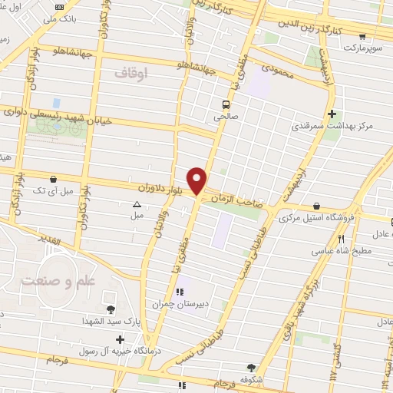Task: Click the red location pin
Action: (x=198, y=180)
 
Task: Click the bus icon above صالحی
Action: (x=226, y=104)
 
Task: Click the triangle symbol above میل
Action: (x=137, y=204)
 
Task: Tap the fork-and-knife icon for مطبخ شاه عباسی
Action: (x=362, y=238)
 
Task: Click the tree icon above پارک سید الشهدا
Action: (x=112, y=309)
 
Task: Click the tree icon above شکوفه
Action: (x=249, y=367)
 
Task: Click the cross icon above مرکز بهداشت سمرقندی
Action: (x=331, y=112)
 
